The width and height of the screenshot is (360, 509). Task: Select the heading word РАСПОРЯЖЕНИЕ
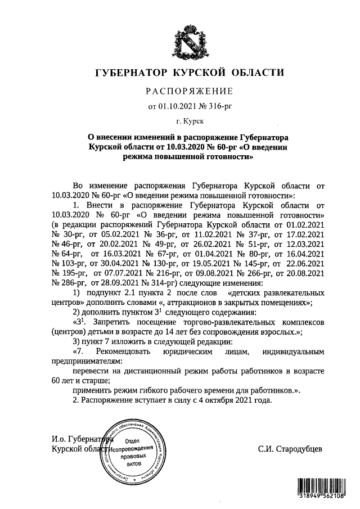pos(189,91)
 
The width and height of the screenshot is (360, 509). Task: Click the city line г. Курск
pos(189,120)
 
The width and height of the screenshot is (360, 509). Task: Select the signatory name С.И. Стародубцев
pos(290,449)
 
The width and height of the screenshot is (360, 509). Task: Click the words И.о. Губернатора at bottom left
pos(82,439)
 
